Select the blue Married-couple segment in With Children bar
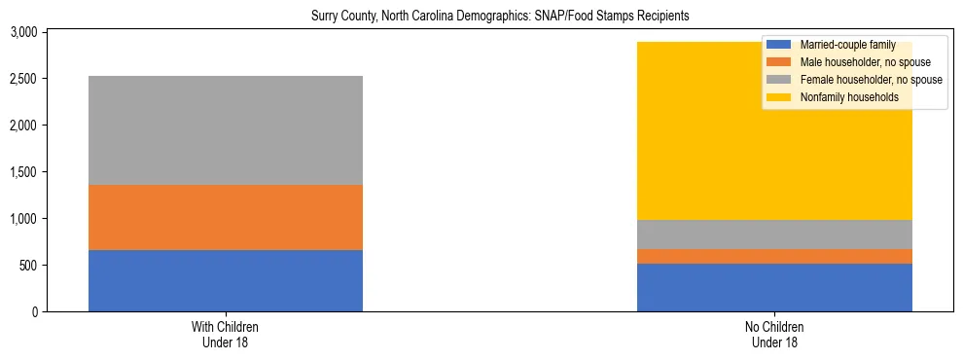225,280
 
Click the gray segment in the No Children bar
774,234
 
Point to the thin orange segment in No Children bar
774,256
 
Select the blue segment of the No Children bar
774,287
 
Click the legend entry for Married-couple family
840,45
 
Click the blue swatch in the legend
779,45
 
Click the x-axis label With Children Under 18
225,335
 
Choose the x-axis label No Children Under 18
774,335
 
